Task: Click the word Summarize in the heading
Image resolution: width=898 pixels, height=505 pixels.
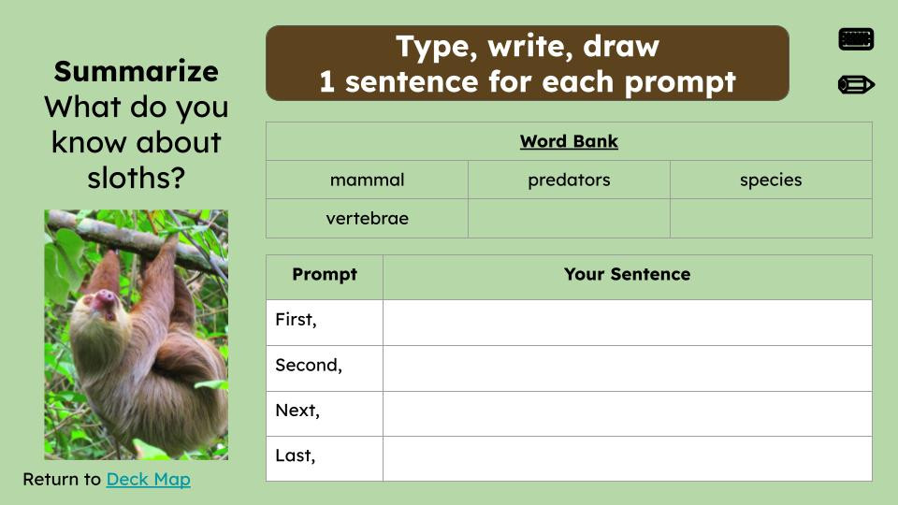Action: coord(136,71)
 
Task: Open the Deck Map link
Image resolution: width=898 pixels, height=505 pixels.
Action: coord(148,480)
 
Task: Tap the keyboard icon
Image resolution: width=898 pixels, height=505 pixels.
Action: coord(856,39)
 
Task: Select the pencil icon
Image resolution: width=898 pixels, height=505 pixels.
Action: coord(856,85)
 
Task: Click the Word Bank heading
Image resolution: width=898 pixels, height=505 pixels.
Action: coord(569,142)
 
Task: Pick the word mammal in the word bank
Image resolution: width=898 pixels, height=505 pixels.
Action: coord(367,180)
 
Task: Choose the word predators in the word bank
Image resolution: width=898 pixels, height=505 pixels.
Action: coord(569,180)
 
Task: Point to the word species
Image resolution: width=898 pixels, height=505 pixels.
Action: coord(771,180)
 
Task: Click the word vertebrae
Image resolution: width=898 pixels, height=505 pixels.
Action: coord(367,219)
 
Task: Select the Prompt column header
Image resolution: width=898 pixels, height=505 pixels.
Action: coord(324,275)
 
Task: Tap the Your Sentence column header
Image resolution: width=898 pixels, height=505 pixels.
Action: coord(627,275)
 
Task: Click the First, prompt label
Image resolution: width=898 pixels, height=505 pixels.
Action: coord(296,320)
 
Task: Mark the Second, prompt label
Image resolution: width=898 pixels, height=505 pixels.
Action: coord(309,366)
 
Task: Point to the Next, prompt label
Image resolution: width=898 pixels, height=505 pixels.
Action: coord(297,411)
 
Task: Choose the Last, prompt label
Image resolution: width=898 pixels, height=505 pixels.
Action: coord(296,456)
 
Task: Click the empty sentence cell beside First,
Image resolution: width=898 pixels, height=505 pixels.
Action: coord(627,322)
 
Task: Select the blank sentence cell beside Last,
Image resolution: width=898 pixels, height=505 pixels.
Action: coord(627,458)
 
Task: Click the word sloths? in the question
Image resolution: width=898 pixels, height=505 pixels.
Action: coord(136,178)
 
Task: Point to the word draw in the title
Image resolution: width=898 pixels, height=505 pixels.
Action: coord(620,46)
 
